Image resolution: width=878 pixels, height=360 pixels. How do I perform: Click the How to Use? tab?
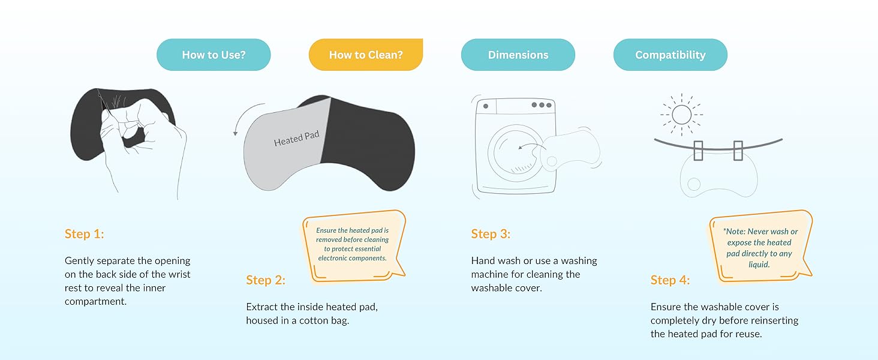pos(214,55)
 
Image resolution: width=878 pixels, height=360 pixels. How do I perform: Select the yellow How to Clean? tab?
pos(366,55)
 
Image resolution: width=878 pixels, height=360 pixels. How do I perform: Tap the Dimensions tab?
pos(518,55)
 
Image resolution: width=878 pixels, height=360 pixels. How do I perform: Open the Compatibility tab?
pos(670,55)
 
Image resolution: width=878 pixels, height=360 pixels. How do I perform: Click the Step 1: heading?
pos(85,234)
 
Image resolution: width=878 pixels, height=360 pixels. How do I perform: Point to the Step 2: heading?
pos(266,280)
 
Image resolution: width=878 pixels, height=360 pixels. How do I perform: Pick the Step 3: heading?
pos(491,234)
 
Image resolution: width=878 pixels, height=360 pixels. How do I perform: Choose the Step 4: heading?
pos(670,280)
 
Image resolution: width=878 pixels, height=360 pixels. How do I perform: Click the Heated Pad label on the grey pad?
pos(296,139)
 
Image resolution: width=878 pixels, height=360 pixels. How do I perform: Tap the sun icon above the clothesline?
pos(682,113)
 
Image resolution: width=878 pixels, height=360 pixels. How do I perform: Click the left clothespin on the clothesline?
pos(698,151)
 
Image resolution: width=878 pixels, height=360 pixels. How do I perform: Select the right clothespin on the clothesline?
pos(738,151)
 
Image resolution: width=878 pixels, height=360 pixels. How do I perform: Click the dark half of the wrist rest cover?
pos(366,141)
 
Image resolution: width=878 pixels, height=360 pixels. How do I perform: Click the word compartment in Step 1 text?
pos(95,301)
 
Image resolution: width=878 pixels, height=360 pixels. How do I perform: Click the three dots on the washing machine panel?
pos(541,105)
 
